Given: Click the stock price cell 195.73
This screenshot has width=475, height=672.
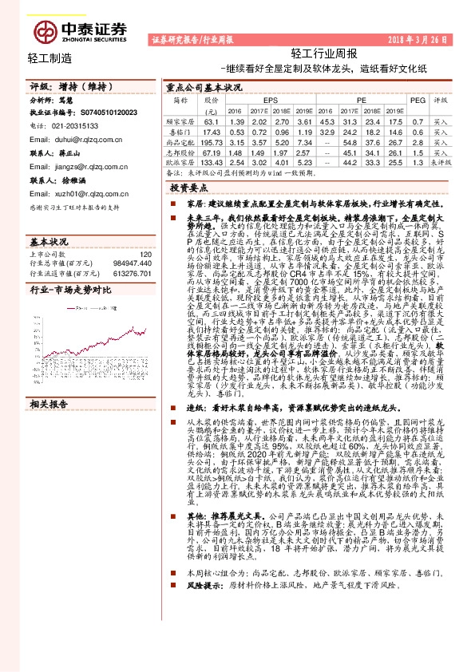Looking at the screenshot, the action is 212,140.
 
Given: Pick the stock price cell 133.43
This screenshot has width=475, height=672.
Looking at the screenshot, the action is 212,161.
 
